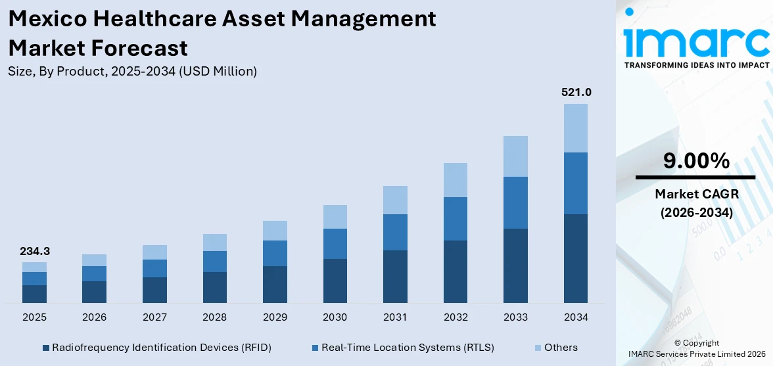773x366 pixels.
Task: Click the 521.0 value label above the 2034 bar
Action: coord(576,93)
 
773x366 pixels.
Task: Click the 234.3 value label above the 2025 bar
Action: coord(34,251)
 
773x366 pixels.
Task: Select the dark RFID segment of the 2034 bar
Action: coord(576,258)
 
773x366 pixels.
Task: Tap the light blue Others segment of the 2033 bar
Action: coord(515,156)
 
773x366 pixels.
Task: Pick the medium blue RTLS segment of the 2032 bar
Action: coord(456,219)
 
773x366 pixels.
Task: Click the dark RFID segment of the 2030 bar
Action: coord(335,281)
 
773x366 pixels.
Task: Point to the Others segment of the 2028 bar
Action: coord(214,242)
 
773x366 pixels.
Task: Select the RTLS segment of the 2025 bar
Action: coord(34,279)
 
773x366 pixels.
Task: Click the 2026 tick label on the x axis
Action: coord(95,317)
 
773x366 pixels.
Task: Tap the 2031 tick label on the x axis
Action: coord(395,317)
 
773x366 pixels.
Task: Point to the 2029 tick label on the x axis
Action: coord(275,317)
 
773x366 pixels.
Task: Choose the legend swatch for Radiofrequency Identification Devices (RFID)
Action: coord(45,348)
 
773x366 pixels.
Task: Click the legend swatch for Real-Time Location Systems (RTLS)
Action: coord(315,348)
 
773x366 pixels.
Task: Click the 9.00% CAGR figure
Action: coord(695,161)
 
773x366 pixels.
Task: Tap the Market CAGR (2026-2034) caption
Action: coord(695,203)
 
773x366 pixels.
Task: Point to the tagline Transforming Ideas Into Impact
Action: coord(695,65)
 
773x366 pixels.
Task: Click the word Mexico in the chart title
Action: coord(47,19)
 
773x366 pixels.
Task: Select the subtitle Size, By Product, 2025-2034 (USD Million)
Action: coord(132,72)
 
